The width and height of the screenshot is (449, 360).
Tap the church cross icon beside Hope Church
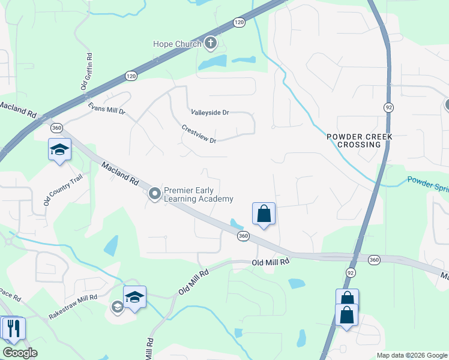point(210,43)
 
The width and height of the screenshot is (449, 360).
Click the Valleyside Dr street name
point(210,112)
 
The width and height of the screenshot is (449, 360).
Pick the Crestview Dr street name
point(199,133)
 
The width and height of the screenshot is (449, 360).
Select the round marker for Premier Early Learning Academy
point(155,193)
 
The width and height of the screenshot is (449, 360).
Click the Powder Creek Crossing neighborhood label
point(360,140)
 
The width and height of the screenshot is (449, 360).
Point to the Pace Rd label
point(10,294)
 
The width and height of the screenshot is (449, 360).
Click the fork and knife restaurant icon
point(13,328)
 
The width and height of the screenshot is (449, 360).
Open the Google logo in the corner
point(20,353)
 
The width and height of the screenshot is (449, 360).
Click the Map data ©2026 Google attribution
point(411,355)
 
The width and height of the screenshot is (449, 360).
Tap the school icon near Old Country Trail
point(59,150)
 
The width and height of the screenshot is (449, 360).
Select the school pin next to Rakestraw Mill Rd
point(134,298)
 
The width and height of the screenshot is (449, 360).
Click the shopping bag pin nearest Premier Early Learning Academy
point(264,214)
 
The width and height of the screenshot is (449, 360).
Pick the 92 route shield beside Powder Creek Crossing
point(389,106)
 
